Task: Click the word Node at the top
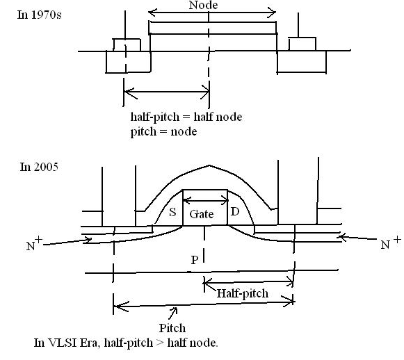click(203, 5)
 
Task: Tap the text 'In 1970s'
click(40, 15)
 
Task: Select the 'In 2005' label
click(39, 167)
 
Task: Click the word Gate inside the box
click(202, 214)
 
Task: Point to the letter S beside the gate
click(172, 212)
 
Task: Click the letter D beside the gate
click(235, 212)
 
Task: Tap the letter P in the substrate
click(195, 260)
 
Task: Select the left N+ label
click(34, 243)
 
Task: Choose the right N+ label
click(391, 242)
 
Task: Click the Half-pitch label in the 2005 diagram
click(243, 293)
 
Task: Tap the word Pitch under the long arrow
click(172, 328)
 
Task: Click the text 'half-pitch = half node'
click(186, 117)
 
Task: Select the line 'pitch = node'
click(163, 132)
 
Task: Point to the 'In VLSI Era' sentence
click(126, 343)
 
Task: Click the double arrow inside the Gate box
click(205, 200)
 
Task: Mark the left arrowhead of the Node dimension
click(152, 12)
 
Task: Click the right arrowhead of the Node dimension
click(272, 13)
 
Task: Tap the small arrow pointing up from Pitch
click(173, 313)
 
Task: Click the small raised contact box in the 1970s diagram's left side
click(127, 45)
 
